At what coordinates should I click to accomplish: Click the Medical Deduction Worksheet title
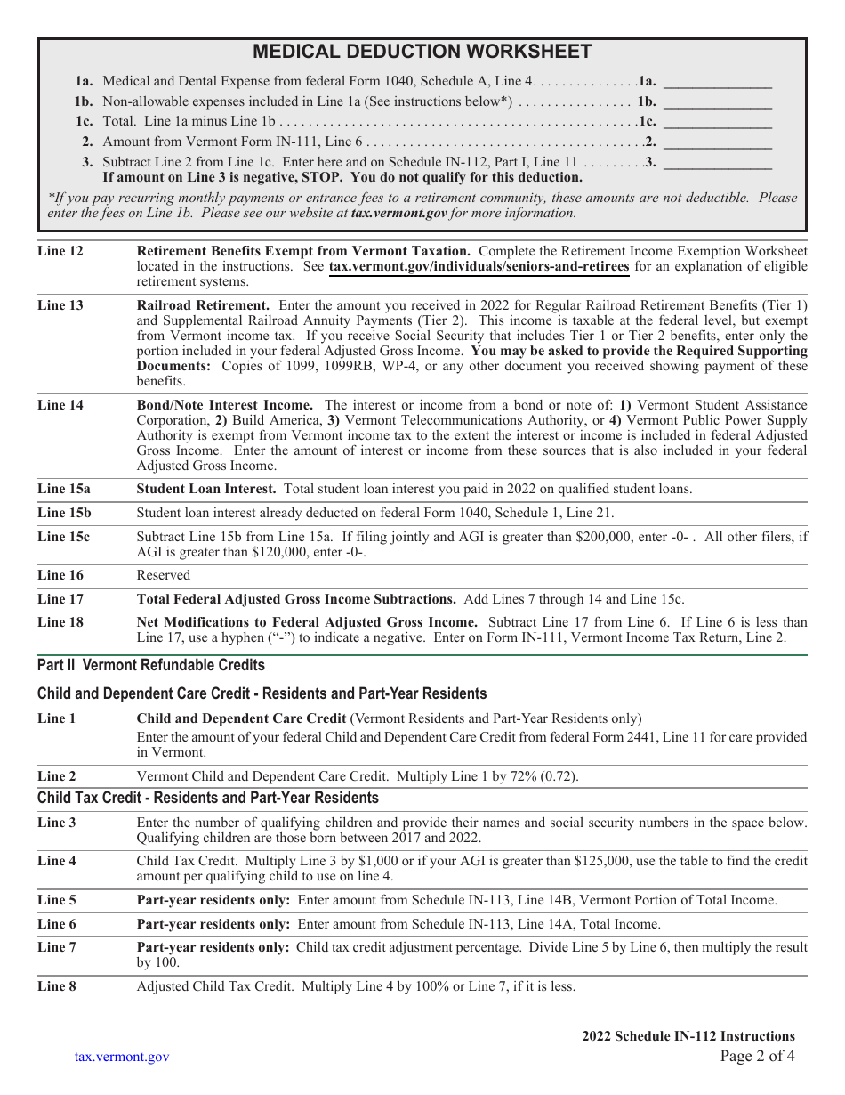422,52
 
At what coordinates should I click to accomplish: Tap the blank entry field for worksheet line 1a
718,82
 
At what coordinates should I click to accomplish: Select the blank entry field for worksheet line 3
718,162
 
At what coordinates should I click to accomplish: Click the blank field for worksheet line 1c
718,122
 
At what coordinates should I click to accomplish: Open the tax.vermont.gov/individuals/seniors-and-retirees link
479,266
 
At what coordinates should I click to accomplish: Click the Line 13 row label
60,305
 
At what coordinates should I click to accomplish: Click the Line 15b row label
64,513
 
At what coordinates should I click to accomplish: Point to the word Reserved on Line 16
163,575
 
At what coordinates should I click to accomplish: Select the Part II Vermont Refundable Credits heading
151,665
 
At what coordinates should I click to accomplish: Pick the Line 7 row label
57,946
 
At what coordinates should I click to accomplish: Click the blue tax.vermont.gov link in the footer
122,1057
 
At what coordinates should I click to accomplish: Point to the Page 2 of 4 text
757,1057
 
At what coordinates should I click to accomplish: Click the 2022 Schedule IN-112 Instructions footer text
688,1036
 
